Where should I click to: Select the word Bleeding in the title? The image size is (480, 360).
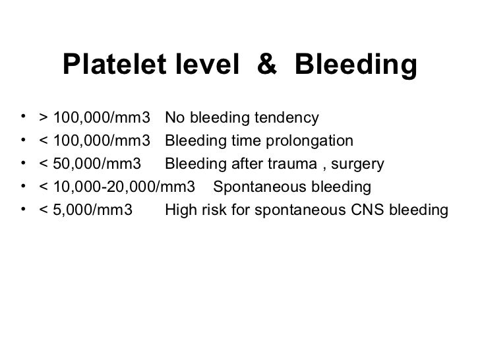coord(356,65)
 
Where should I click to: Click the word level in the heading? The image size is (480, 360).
coord(202,65)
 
